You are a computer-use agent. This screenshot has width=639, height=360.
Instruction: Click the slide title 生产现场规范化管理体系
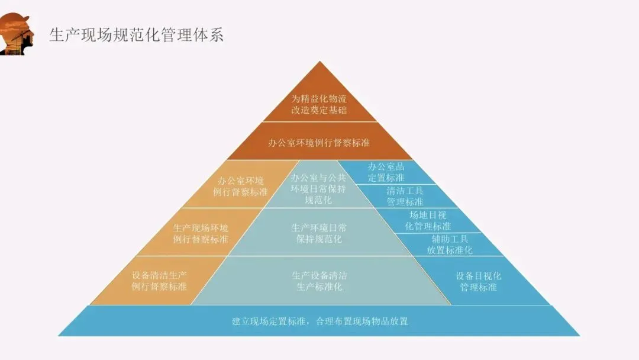coord(137,35)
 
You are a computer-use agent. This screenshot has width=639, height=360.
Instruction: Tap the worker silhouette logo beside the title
coord(17,34)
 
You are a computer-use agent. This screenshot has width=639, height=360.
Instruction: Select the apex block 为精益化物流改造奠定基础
coord(319,104)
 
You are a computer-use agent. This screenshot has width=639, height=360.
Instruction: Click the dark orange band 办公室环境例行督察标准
coord(319,142)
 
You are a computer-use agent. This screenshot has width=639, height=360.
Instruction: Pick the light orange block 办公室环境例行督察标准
coord(240,186)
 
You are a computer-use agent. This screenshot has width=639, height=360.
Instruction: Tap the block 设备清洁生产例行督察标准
coord(159,281)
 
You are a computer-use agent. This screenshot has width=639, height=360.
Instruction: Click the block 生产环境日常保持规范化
coord(319,233)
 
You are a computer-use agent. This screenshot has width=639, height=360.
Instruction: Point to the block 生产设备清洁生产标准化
coord(319,281)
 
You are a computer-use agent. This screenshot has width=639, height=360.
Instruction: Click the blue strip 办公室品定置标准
coord(386,172)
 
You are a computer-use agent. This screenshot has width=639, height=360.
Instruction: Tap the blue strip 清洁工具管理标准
coord(405,196)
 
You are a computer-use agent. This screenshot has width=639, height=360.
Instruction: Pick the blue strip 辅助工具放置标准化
coord(450,245)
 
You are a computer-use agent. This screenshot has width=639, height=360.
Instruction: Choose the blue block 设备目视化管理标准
coord(479,281)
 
